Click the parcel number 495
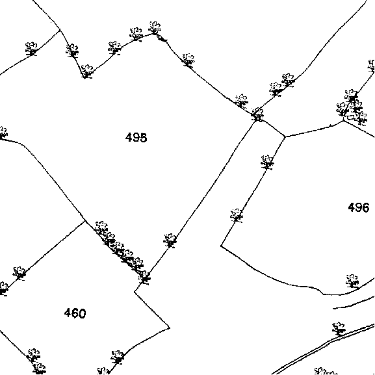coord(136,138)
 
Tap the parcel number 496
coord(359,207)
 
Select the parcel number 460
coord(75,313)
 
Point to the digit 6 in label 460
coord(75,313)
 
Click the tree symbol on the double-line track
coord(339,329)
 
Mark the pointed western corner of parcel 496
coord(221,246)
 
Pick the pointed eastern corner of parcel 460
coord(170,328)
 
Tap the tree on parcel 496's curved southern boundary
coord(352,281)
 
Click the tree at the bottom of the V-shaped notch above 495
coord(86,71)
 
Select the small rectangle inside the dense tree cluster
coord(350,118)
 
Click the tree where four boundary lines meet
coord(257,115)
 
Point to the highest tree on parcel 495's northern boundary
coord(155,28)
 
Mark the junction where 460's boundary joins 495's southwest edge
coord(85,220)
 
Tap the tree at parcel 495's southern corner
coord(144,278)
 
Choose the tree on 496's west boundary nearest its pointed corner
coord(237,216)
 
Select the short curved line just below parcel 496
coord(354,304)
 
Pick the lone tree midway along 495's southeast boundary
coord(170,240)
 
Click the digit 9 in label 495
coord(136,138)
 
